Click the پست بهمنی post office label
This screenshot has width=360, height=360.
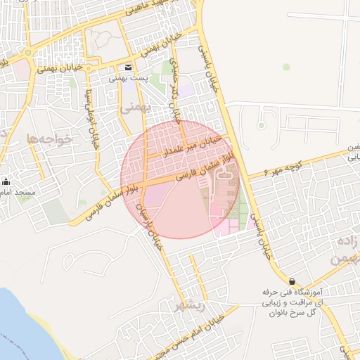pos(128,79)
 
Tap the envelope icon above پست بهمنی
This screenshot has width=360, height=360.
pos(128,67)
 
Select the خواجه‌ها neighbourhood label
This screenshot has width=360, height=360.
pos(50,139)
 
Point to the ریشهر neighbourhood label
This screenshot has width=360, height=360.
pos(190,305)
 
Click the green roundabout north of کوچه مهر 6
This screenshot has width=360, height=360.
pos(261,126)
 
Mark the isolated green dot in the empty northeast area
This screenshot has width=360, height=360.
pos(286,67)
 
